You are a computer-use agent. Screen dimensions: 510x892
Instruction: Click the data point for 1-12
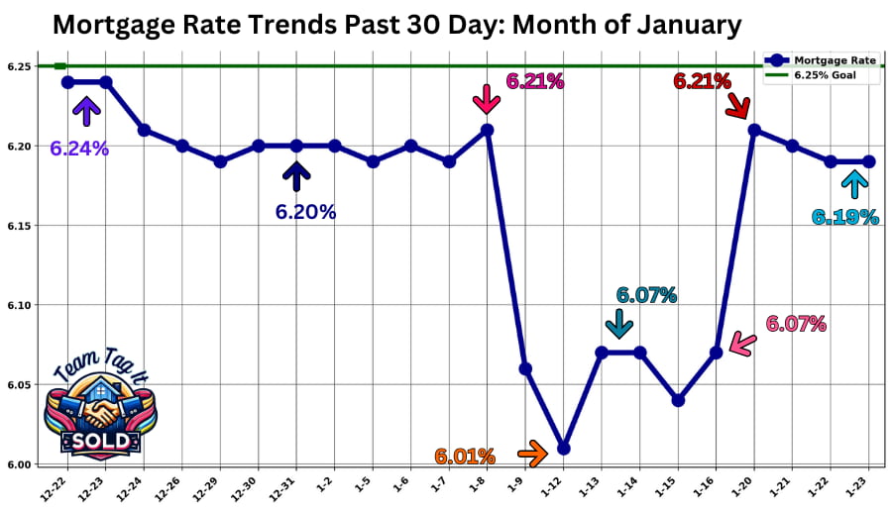[x=564, y=449]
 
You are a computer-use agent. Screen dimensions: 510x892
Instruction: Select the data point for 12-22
[x=67, y=82]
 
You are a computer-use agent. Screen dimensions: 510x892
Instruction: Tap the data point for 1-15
[x=678, y=401]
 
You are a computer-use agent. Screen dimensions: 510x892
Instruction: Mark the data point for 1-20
[x=754, y=130]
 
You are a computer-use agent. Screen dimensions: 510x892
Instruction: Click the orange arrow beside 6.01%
[x=532, y=455]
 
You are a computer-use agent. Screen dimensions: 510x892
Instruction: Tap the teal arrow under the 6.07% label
[x=619, y=324]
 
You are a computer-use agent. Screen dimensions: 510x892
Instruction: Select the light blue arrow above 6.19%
[x=851, y=184]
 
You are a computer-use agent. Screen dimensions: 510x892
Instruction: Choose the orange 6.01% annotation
[x=464, y=457]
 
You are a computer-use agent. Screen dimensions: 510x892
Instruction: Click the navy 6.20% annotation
[x=306, y=211]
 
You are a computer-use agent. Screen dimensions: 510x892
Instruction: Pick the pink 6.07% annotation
[x=795, y=323]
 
